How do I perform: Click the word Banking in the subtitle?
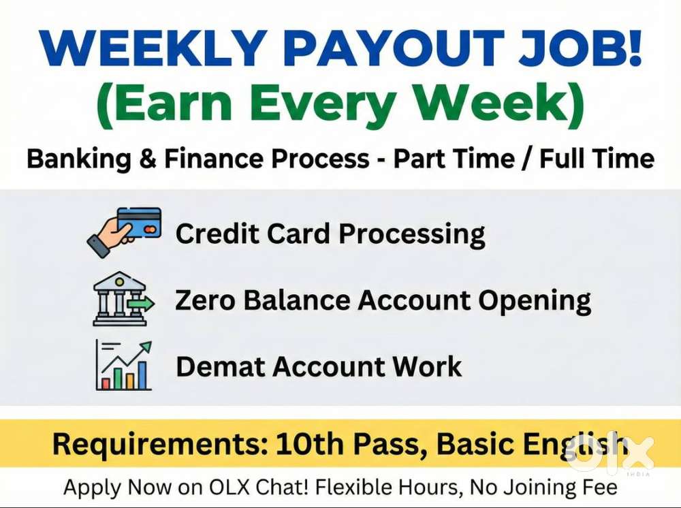[x=78, y=159]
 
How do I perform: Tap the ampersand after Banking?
[x=148, y=159]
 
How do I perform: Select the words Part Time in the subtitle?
[x=454, y=158]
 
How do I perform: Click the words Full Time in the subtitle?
[x=597, y=158]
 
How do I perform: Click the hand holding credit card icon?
[x=125, y=232]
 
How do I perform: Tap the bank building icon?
[x=123, y=299]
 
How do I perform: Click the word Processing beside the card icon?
[x=412, y=235]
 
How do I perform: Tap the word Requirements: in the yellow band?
[x=160, y=444]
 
